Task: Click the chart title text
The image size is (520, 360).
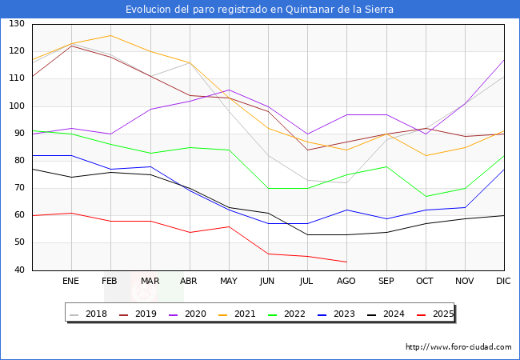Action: [260, 10]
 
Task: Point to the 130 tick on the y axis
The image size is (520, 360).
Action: [17, 24]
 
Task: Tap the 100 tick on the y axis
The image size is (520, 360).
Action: [17, 106]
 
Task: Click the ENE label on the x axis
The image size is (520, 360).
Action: [71, 282]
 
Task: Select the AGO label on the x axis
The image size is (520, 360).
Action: [346, 282]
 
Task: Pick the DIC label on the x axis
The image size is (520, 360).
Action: [503, 282]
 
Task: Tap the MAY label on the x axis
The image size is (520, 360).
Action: [229, 282]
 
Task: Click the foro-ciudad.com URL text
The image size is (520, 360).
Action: [458, 347]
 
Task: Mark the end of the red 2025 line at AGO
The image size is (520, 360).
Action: [346, 262]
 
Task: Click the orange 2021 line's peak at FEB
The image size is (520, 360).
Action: [110, 35]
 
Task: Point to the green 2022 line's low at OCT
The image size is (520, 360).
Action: [425, 196]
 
